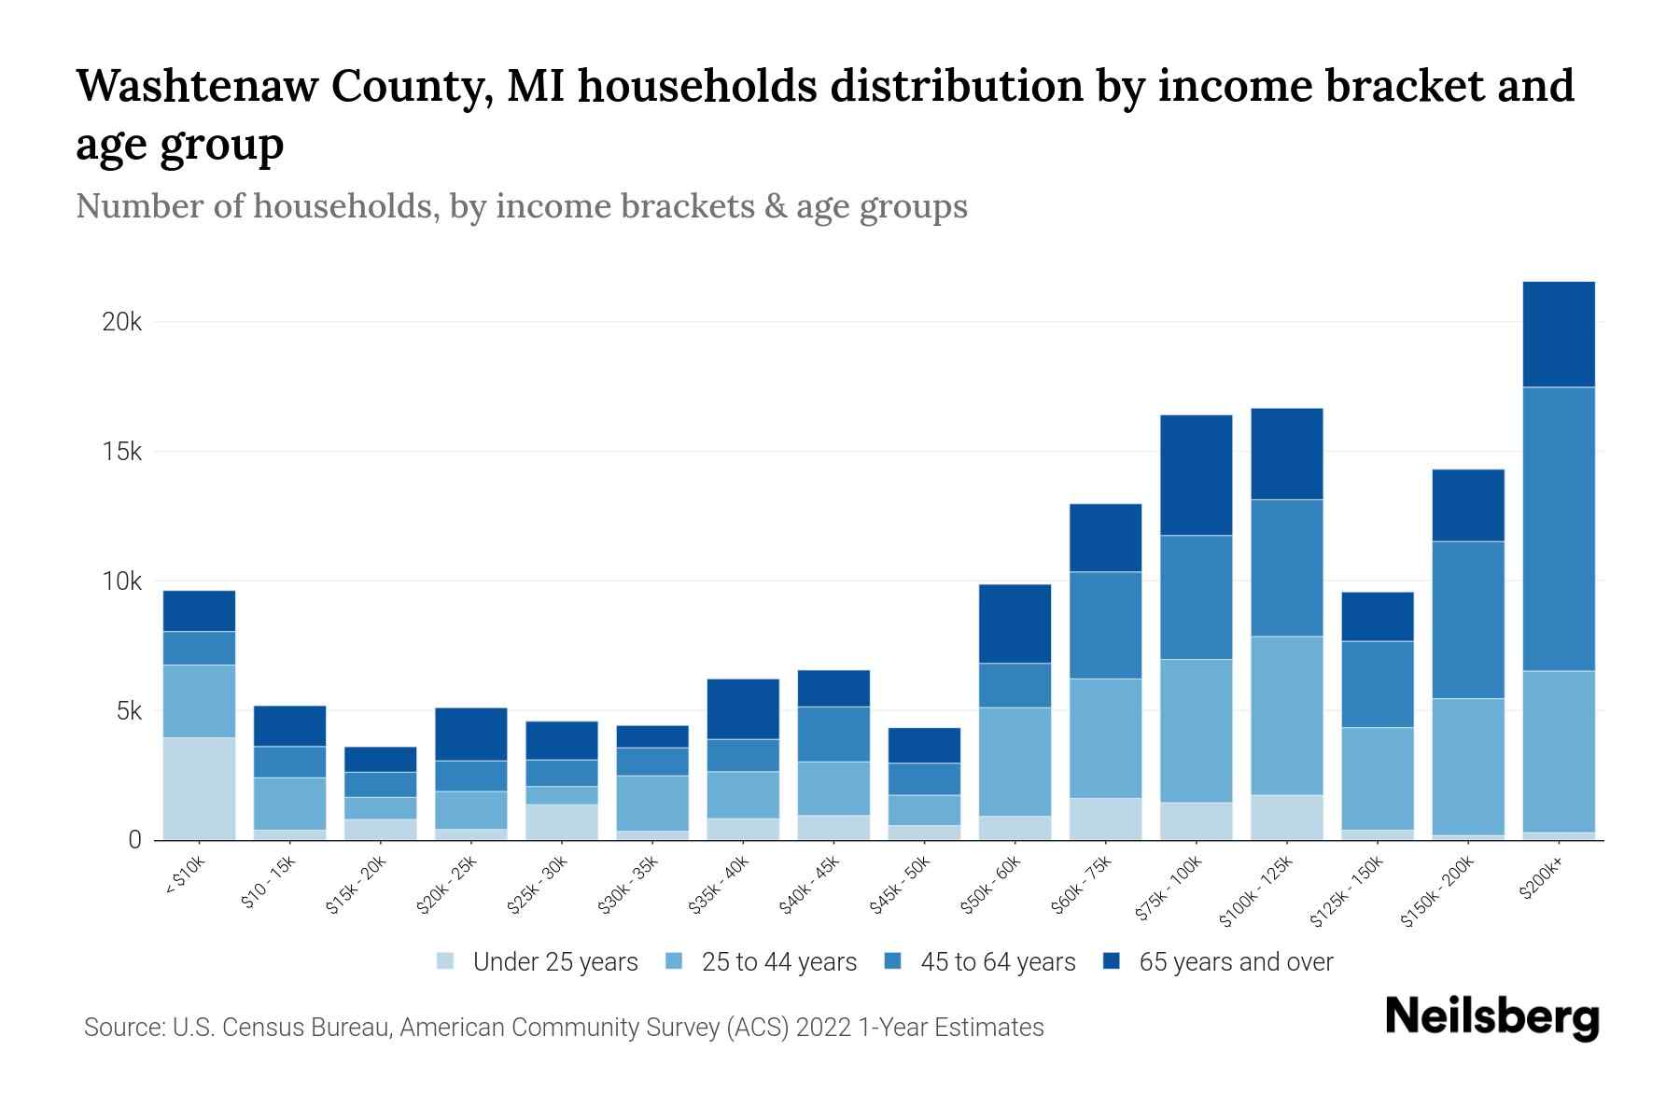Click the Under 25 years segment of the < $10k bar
click(x=199, y=789)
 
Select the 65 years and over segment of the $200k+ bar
click(x=1558, y=334)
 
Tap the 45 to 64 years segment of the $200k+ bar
click(x=1558, y=528)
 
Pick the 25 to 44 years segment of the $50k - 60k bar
click(x=1015, y=762)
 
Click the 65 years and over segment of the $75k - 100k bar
click(x=1196, y=475)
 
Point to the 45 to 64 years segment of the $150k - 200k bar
click(x=1468, y=620)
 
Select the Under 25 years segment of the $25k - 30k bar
click(x=561, y=821)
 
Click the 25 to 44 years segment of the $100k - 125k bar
click(x=1286, y=716)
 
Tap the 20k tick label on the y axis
click(x=121, y=323)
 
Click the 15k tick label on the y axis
click(x=121, y=453)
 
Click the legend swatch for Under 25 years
click(x=445, y=960)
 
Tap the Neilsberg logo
click(x=1491, y=1017)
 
